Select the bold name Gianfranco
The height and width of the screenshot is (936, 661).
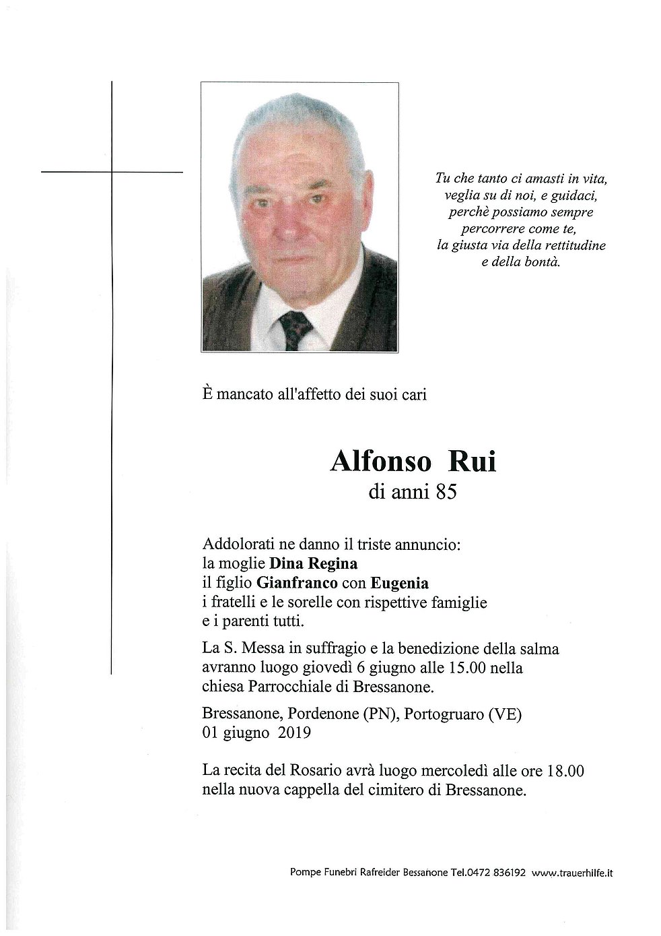297,583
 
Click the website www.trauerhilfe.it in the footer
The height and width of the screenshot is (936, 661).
571,873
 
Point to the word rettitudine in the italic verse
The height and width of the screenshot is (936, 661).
573,245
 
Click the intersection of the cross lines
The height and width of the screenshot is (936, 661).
112,173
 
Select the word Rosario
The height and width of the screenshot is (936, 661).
308,771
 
